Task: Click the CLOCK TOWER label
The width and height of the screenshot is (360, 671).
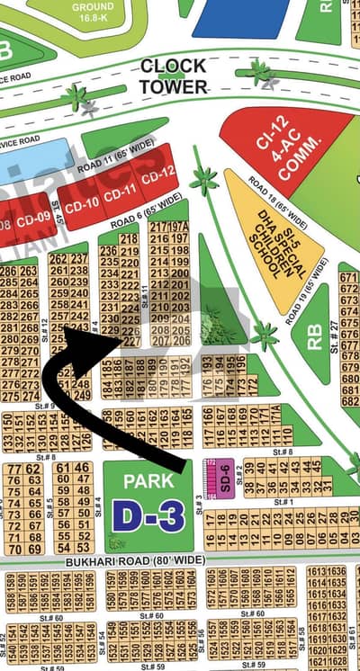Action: pos(173,76)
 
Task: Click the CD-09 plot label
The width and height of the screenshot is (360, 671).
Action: pos(34,217)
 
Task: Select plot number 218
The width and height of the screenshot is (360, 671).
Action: pos(129,239)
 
